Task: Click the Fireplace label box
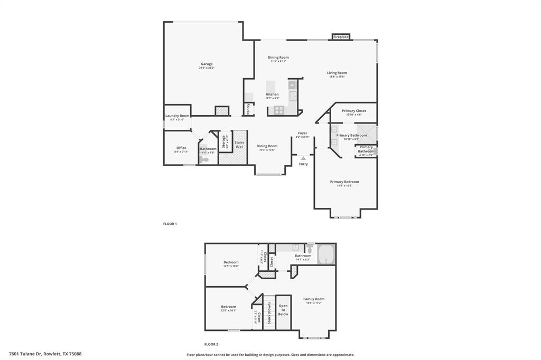(341, 37)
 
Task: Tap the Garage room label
(207, 64)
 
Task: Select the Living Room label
(337, 73)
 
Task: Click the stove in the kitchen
(278, 110)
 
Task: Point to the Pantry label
(248, 109)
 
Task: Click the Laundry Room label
(177, 116)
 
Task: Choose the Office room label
(181, 148)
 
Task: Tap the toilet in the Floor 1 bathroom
(206, 159)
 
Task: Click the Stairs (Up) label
(239, 144)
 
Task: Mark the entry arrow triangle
(303, 157)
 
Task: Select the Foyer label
(303, 133)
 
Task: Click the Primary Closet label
(353, 111)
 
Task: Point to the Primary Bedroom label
(344, 182)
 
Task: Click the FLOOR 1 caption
(170, 224)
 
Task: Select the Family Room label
(314, 299)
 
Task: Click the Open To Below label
(284, 310)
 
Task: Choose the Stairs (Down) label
(269, 312)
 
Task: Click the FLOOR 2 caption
(211, 344)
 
